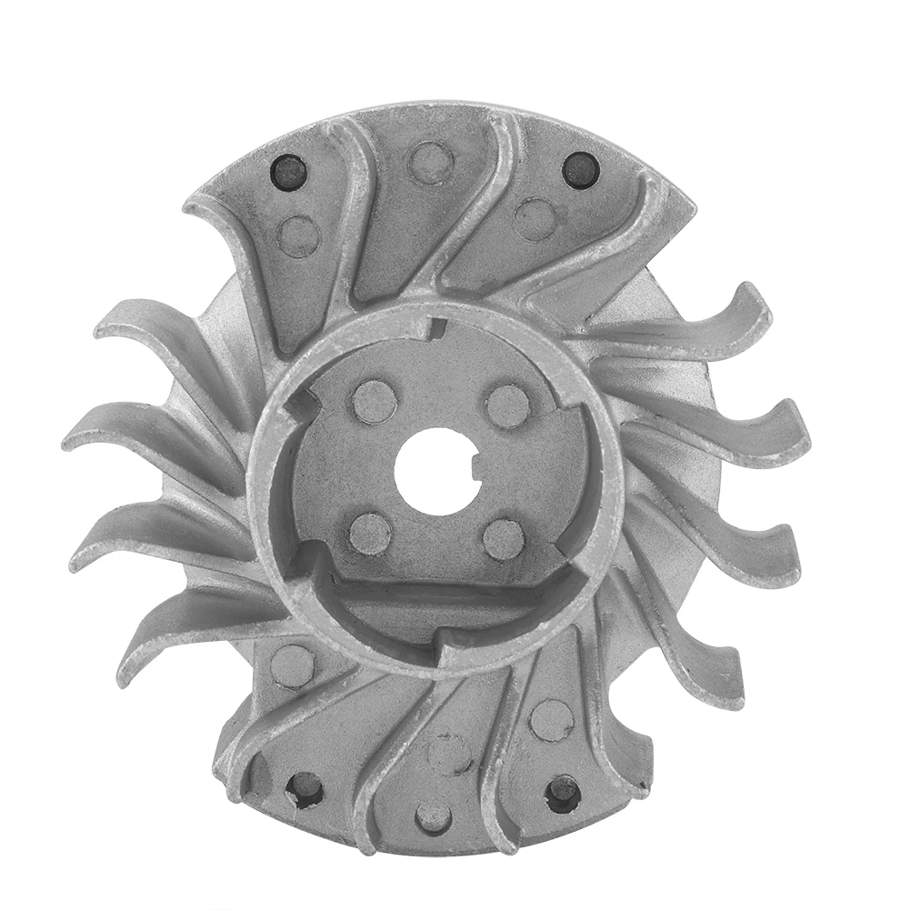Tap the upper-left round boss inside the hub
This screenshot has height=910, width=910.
pos(374,402)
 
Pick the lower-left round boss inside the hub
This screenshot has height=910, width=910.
pos(370,533)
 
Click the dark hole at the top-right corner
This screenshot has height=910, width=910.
pos(580,169)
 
